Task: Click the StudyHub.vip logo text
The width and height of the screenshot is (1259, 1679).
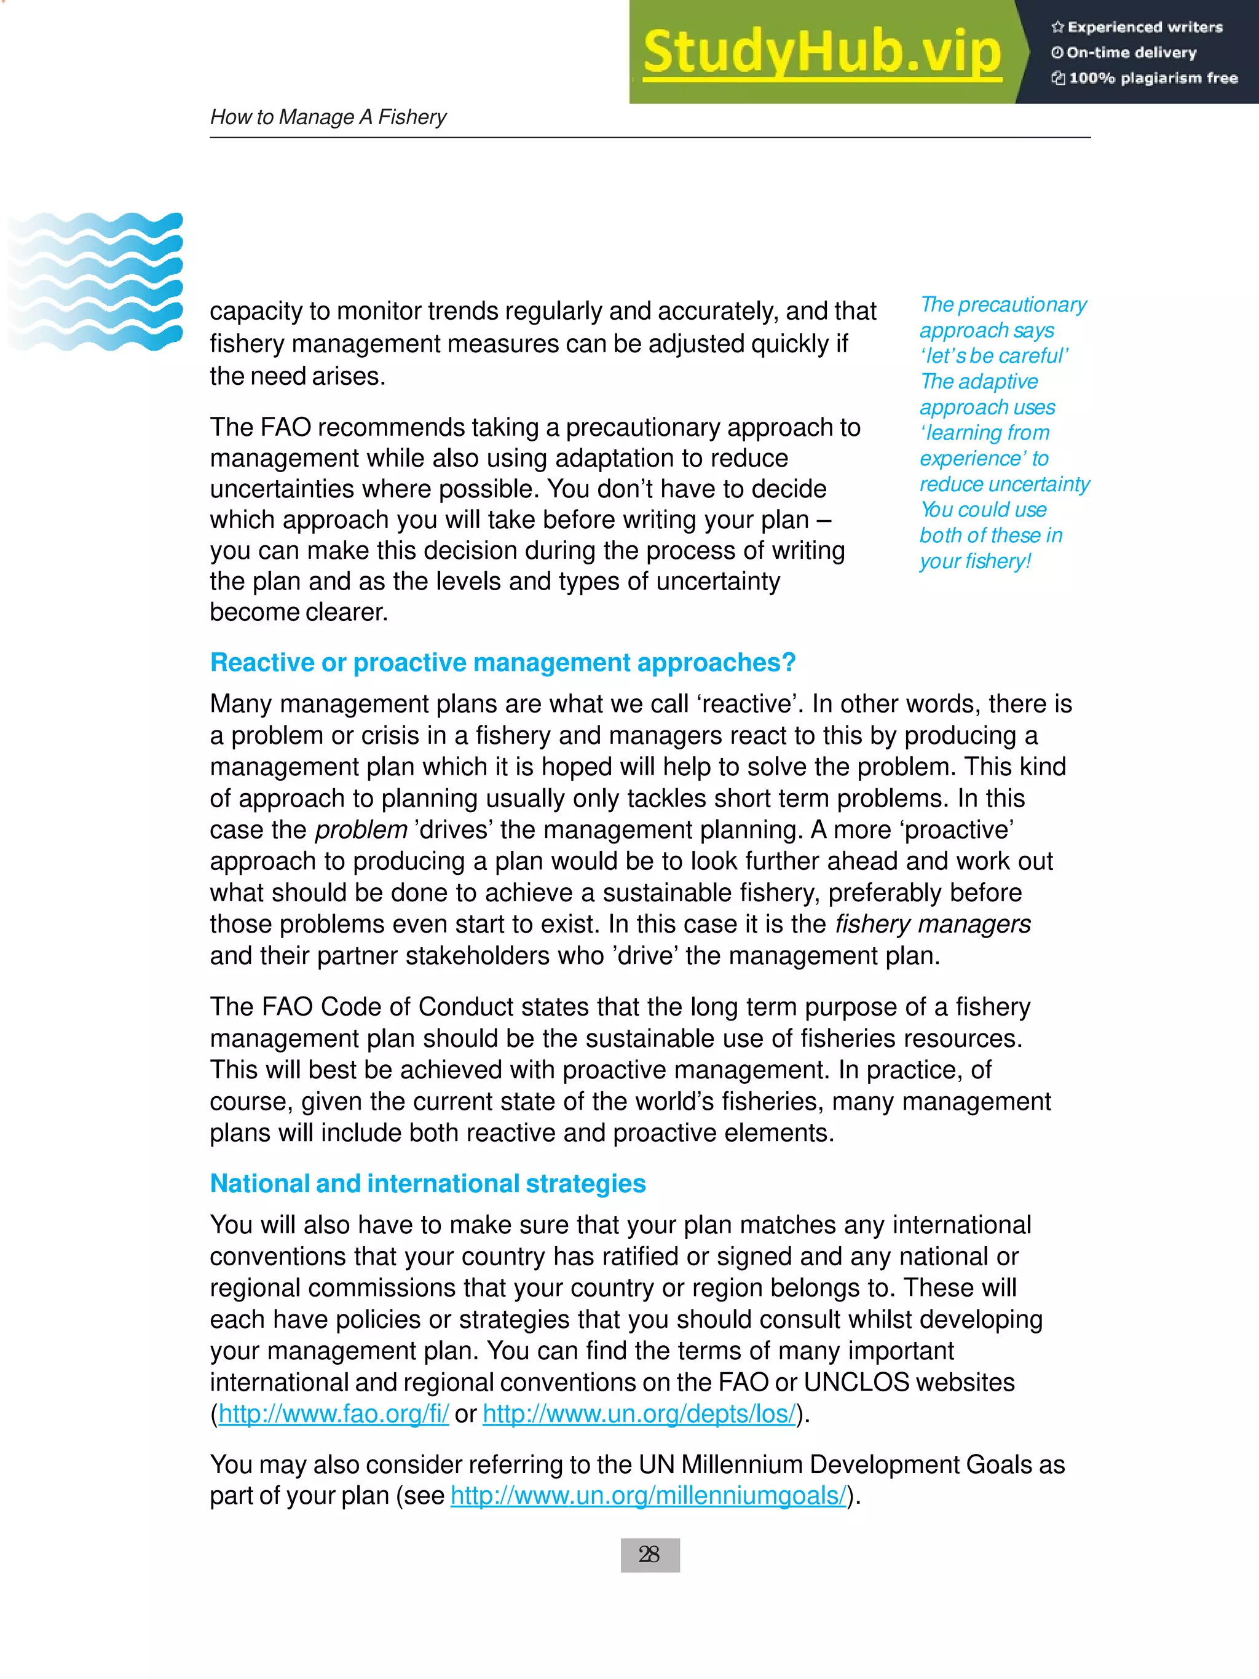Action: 822,53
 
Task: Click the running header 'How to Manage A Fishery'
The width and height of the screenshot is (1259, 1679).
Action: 328,117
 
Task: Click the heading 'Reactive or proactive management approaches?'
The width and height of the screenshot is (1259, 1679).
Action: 502,663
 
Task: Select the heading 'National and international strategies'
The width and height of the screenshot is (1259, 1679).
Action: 427,1183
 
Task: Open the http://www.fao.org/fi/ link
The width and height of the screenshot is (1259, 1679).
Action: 334,1413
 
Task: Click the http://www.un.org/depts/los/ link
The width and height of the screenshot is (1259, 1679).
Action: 639,1413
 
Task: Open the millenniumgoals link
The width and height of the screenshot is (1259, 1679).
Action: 648,1495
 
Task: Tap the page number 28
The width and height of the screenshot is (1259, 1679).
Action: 650,1555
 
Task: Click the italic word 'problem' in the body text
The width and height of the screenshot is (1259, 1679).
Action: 361,829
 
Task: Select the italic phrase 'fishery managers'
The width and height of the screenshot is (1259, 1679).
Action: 933,924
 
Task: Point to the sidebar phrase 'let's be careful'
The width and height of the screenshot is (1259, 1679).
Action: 994,356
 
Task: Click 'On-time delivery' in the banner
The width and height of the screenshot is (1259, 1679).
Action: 1131,53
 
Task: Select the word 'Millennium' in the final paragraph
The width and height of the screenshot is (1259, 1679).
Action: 741,1464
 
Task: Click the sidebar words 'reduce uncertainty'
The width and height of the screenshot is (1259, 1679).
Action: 1004,484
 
